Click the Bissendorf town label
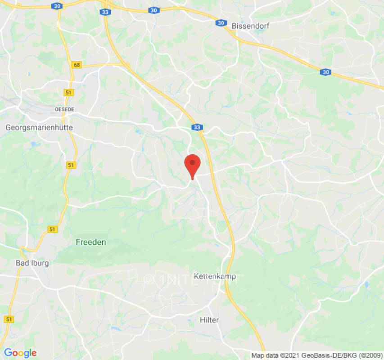click(x=250, y=26)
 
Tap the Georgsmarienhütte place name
click(x=39, y=127)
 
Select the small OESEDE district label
click(x=64, y=109)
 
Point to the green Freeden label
click(x=90, y=242)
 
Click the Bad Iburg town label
click(x=32, y=263)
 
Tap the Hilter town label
click(x=209, y=320)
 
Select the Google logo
click(x=20, y=353)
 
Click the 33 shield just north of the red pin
click(x=197, y=128)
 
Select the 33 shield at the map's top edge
click(x=106, y=12)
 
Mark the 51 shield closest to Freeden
click(x=53, y=229)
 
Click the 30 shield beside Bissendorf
click(x=220, y=22)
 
